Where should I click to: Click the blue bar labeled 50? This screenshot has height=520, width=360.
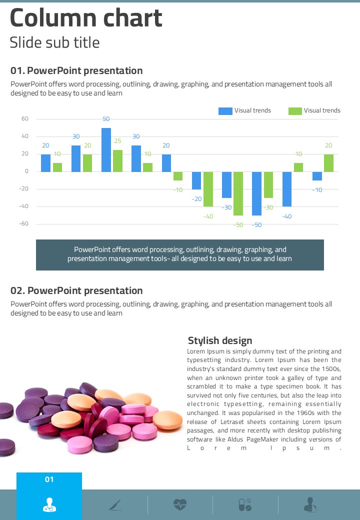[x=106, y=149]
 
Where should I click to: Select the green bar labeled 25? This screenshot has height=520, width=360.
[x=117, y=160]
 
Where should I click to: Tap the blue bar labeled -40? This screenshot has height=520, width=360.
[x=287, y=189]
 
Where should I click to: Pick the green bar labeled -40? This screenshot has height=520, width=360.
[x=208, y=189]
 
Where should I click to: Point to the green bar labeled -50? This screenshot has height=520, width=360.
[x=238, y=193]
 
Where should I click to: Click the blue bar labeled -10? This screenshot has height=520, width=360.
[x=317, y=176]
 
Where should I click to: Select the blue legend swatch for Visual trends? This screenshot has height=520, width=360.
[x=225, y=111]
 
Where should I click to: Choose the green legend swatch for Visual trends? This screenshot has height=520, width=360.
[x=295, y=111]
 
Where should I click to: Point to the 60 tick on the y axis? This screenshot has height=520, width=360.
[x=25, y=119]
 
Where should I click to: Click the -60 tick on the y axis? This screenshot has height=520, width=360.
[x=24, y=224]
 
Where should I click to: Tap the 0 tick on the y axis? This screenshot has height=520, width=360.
[x=26, y=171]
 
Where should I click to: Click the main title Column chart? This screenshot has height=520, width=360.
[x=86, y=18]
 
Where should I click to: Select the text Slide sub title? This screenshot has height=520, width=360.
[x=55, y=42]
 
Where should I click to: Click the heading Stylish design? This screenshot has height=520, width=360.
[x=220, y=341]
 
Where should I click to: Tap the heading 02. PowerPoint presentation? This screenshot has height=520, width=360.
[x=76, y=291]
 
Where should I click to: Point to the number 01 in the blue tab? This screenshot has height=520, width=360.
[x=49, y=480]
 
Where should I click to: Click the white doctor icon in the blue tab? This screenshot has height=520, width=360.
[x=49, y=504]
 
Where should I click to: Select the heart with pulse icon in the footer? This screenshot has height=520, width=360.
[x=180, y=504]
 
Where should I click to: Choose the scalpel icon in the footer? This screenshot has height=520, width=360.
[x=115, y=505]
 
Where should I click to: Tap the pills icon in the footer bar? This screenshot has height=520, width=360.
[x=245, y=504]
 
